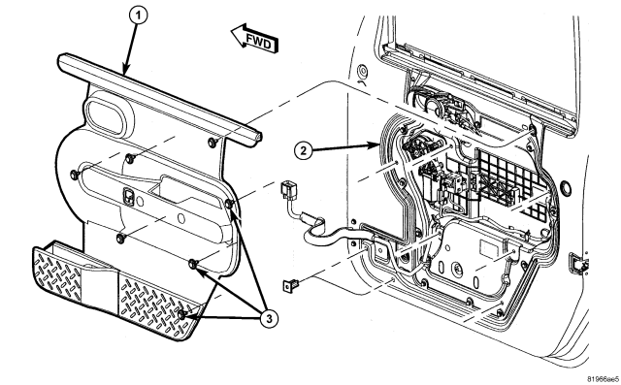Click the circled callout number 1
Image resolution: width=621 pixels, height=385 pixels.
click(138, 16)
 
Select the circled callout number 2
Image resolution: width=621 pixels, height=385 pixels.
click(303, 151)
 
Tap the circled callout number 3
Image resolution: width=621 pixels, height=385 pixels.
click(269, 319)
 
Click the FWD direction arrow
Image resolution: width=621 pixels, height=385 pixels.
click(255, 39)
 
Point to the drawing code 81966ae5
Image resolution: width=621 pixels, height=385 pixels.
click(603, 378)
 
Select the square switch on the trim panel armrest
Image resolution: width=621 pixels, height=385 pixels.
click(129, 195)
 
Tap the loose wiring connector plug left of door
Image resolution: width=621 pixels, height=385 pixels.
click(287, 190)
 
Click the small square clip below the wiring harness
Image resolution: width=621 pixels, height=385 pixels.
click(289, 284)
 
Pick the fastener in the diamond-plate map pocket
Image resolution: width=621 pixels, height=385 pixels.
click(181, 314)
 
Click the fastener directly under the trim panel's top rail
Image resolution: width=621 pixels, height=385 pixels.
click(212, 142)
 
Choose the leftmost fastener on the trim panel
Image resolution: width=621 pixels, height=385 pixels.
click(74, 175)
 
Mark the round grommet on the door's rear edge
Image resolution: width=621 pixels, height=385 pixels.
click(566, 187)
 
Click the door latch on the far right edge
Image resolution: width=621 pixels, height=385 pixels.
click(578, 263)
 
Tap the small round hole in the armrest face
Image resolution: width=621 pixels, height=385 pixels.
click(180, 218)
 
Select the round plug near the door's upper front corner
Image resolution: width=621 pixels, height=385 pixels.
click(362, 72)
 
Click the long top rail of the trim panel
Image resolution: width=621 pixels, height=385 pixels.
click(159, 98)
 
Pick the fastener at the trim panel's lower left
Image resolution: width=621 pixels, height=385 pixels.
click(120, 238)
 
